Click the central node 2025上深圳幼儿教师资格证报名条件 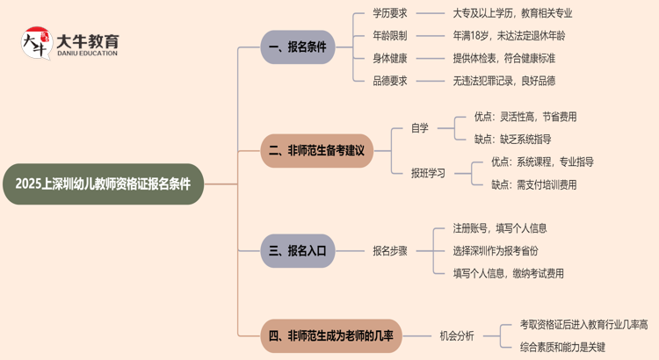pos(103,184)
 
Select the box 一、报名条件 pos(297,47)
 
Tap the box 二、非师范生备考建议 pos(316,151)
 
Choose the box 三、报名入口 pos(297,251)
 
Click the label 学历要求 pos(390,14)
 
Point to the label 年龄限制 pos(390,36)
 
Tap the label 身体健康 pos(390,58)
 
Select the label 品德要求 pos(390,81)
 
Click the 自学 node pos(420,128)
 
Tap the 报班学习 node pos(428,173)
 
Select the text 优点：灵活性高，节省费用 pos(525,117)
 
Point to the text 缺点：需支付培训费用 pos(533,184)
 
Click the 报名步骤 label pos(390,251)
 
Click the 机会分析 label pos(457,335)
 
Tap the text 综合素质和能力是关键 pos(562,346)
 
